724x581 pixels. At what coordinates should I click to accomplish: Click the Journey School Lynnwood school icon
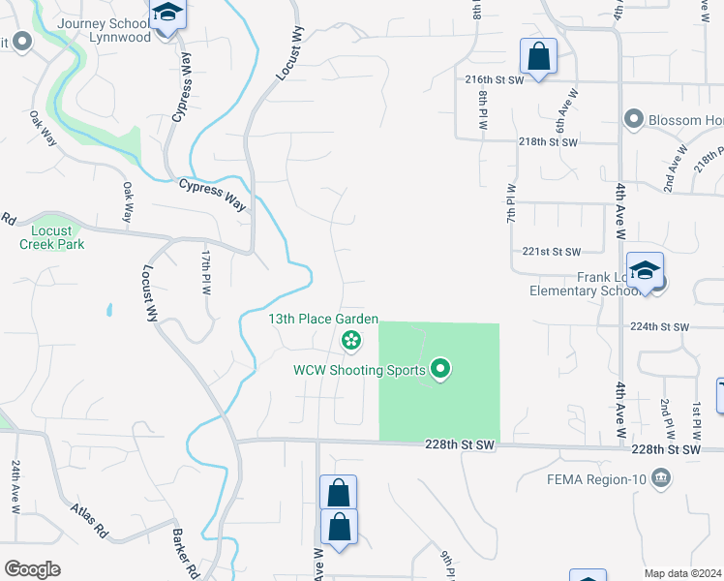168,15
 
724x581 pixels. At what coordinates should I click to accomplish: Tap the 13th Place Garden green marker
350,340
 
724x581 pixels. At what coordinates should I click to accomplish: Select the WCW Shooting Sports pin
440,369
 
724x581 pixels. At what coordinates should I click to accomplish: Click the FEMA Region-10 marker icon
661,476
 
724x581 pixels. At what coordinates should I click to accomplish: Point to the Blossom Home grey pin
634,119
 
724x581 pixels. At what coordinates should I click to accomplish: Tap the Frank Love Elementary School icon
645,272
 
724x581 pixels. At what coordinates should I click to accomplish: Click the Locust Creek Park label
52,237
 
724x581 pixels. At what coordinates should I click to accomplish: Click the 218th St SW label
548,142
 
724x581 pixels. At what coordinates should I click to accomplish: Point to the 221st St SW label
551,251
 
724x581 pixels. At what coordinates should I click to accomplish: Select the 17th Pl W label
206,272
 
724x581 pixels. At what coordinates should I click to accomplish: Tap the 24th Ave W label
16,485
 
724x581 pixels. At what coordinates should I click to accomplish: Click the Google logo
32,569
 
